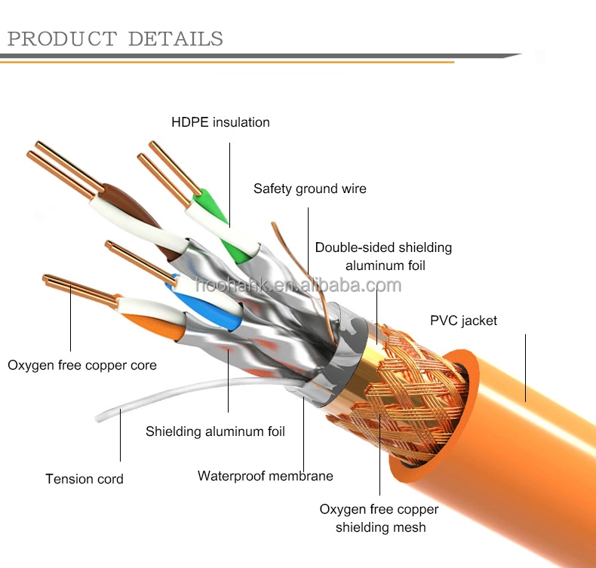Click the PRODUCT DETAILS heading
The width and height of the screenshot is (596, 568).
[x=115, y=38]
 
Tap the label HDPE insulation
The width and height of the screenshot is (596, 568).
[x=220, y=122]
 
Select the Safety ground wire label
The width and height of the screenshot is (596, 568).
[x=309, y=189]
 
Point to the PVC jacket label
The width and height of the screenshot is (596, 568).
[x=463, y=321]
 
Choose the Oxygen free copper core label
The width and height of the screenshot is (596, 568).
[x=82, y=365]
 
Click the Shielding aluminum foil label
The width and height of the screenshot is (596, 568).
[x=215, y=431]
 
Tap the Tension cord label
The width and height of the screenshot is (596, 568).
[x=84, y=479]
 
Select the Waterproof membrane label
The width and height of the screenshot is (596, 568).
[x=265, y=476]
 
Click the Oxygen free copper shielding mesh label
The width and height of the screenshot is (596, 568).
[x=379, y=518]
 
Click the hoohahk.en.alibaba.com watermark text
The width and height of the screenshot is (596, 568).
[x=298, y=285]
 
